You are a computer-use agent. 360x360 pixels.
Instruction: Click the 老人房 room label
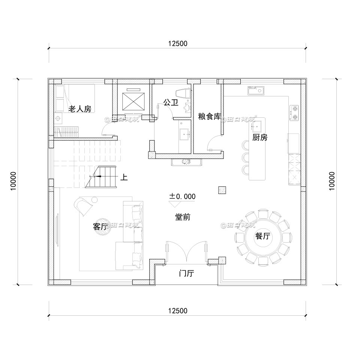(x=79, y=109)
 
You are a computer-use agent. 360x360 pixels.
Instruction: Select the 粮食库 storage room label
(x=209, y=117)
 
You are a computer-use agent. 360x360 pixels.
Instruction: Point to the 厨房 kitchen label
(x=259, y=137)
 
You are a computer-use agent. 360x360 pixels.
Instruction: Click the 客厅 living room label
(x=100, y=226)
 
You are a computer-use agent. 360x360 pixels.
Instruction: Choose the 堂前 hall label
(x=183, y=217)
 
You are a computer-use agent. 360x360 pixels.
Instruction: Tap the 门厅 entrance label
(x=186, y=273)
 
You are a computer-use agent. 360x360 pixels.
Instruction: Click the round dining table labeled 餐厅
(x=262, y=237)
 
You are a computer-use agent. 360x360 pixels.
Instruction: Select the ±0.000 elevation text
(x=182, y=196)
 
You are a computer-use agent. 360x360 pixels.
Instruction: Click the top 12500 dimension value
(x=177, y=44)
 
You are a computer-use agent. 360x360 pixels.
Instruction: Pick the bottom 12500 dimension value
(x=177, y=311)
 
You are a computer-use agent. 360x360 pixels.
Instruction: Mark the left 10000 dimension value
(x=14, y=181)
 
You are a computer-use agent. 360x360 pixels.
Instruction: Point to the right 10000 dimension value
(x=331, y=181)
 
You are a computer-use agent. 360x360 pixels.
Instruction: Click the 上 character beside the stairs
(x=124, y=177)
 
